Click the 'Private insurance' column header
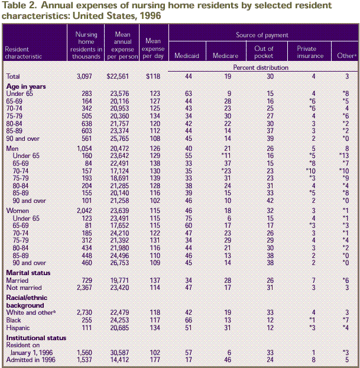pyautogui.click(x=310, y=53)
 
